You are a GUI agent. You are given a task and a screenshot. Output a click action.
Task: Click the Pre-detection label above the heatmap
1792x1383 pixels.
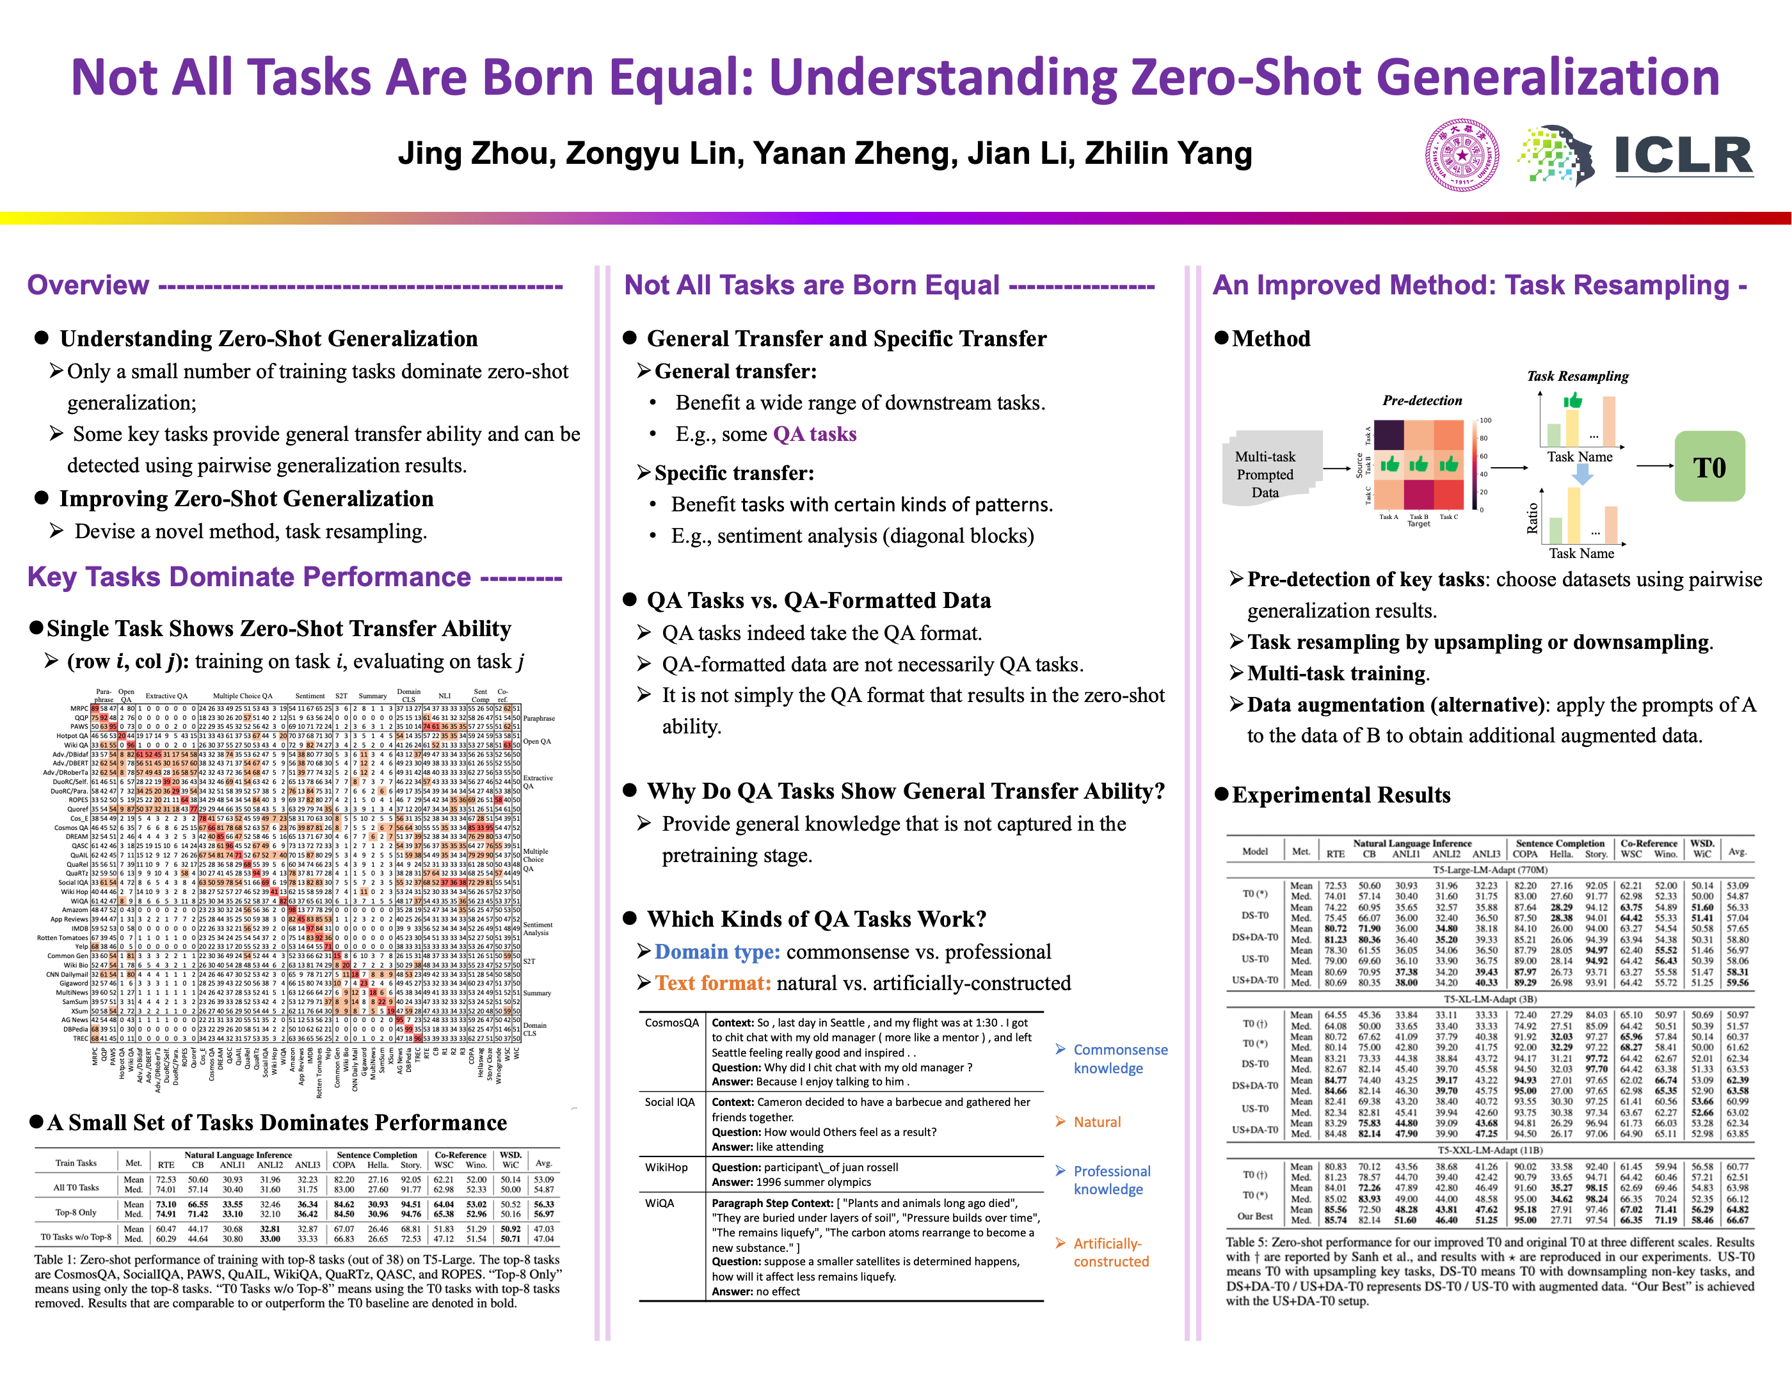[1422, 400]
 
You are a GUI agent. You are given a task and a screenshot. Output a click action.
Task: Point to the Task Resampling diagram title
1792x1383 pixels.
[1577, 376]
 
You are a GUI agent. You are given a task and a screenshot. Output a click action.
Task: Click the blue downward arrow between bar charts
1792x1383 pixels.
[1583, 474]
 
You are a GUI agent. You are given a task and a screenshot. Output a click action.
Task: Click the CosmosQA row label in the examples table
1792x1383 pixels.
[672, 1022]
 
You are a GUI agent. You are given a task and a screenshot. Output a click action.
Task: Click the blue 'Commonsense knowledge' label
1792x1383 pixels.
[1120, 1058]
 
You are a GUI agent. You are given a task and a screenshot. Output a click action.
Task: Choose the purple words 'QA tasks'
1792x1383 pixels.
[814, 434]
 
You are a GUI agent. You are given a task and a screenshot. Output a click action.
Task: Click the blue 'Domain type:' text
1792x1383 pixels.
[717, 952]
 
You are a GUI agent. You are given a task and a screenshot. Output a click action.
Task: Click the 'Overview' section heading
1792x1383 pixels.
[88, 285]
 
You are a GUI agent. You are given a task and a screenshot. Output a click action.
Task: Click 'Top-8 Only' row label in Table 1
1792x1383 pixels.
[76, 1211]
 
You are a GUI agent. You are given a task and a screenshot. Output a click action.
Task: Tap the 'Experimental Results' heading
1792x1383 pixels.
[1341, 795]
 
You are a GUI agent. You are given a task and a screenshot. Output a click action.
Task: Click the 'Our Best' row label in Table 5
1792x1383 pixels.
[1254, 1216]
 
